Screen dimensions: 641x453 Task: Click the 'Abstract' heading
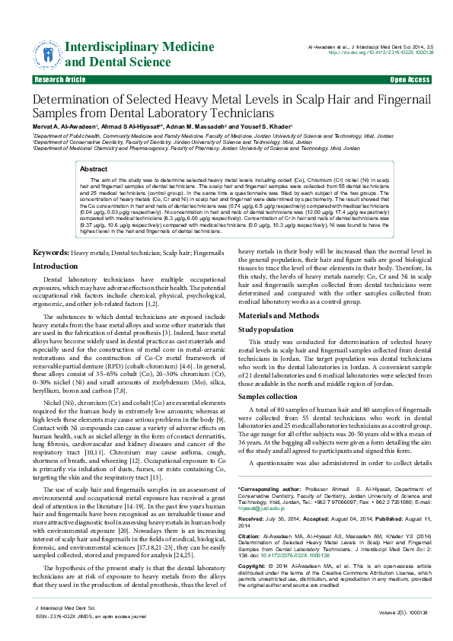(94, 168)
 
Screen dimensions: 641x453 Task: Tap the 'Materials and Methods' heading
(279, 315)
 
